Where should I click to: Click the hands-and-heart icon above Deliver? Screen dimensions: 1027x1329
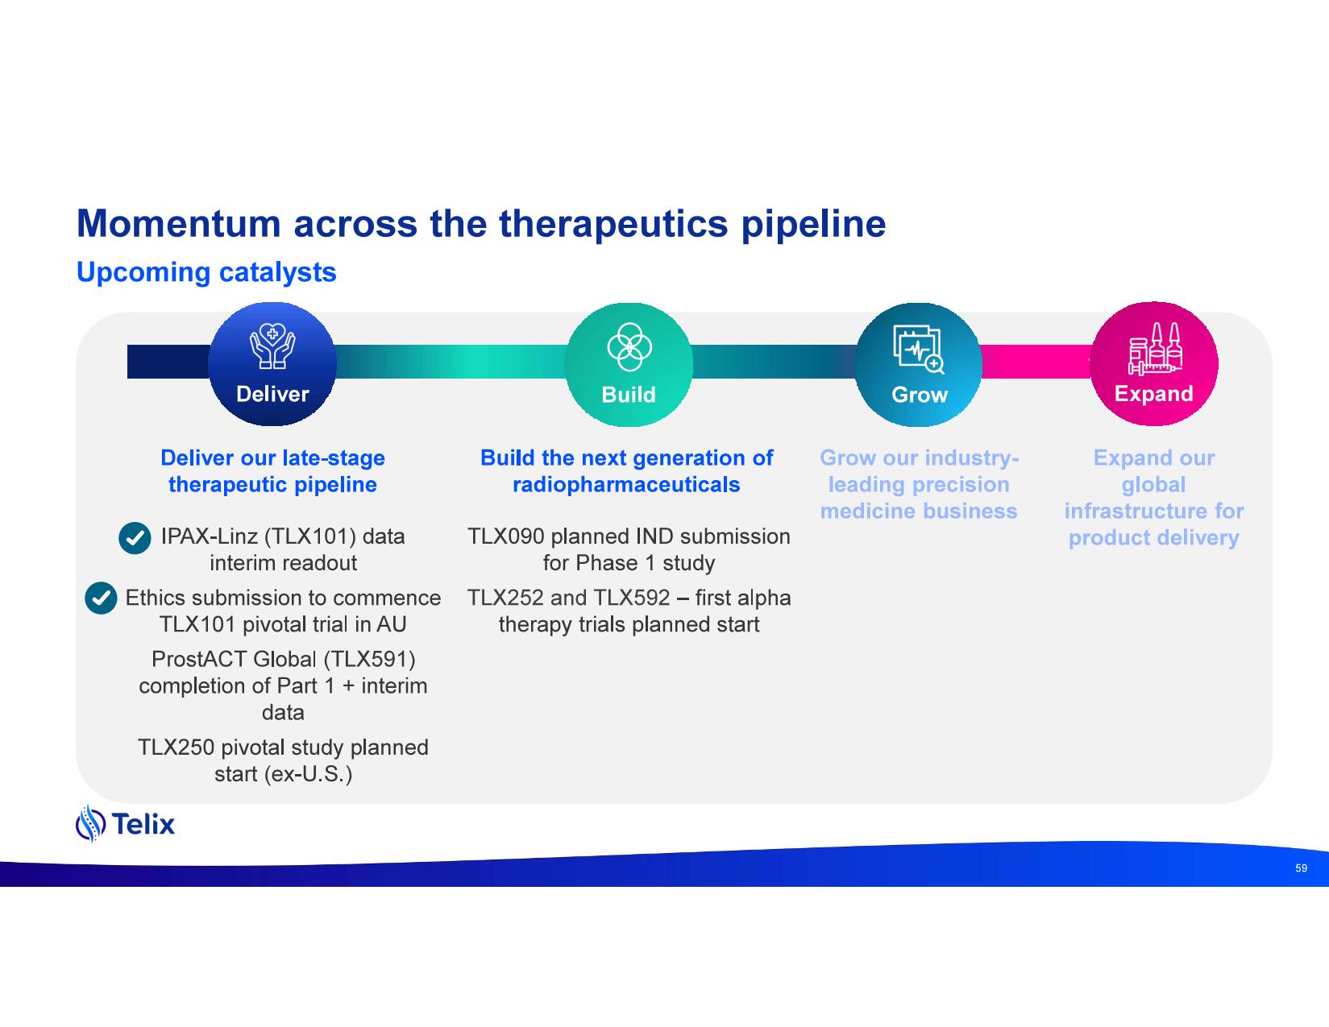coord(272,347)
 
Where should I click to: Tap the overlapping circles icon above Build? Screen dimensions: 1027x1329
coord(629,347)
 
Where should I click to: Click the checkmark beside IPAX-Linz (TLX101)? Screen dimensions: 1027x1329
coord(135,539)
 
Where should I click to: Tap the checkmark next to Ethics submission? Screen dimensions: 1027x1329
coord(101,598)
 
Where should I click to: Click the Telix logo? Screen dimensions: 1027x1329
coord(125,823)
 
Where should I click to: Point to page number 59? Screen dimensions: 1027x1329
coord(1301,868)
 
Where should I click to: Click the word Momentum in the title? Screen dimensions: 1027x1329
coord(178,224)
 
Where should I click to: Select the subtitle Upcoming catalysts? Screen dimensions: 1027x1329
coord(206,272)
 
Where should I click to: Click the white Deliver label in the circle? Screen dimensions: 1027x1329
coord(272,394)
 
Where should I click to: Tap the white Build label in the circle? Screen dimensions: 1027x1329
coord(629,395)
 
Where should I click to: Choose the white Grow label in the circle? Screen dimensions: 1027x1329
coord(919,395)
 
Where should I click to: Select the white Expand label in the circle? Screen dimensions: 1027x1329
coord(1153,394)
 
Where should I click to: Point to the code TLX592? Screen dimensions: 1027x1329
coord(631,598)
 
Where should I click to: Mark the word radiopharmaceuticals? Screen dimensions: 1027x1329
coord(626,484)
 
